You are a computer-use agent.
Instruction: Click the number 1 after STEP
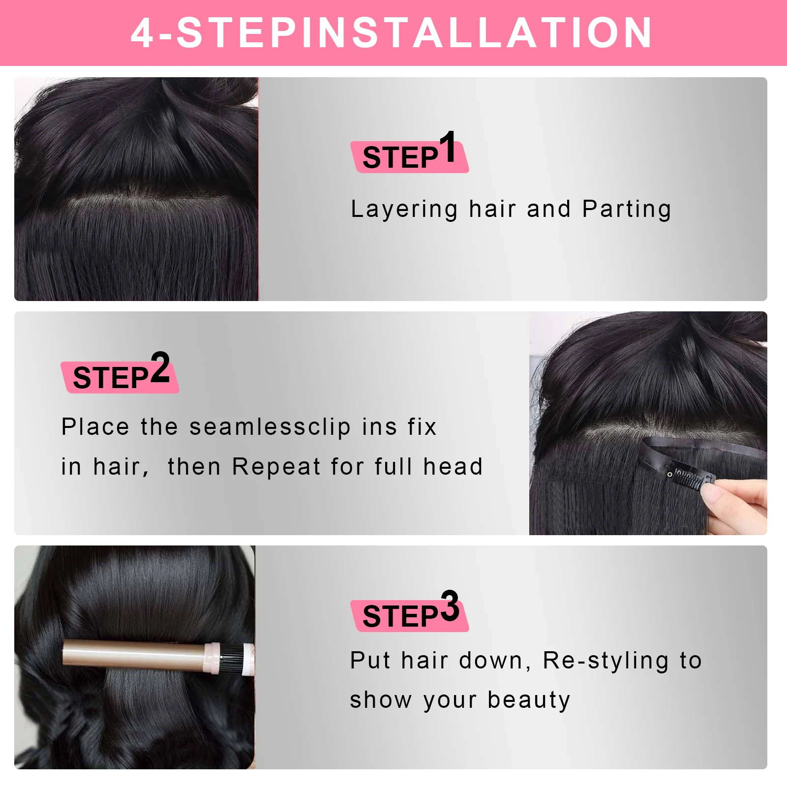click(448, 146)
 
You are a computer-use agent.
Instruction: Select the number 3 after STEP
click(450, 606)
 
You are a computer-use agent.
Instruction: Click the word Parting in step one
click(627, 210)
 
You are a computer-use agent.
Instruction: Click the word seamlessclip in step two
click(270, 427)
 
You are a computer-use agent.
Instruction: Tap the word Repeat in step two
click(276, 467)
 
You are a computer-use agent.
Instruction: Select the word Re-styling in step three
click(605, 661)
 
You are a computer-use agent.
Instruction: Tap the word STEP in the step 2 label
click(110, 378)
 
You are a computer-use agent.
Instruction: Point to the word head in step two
click(453, 467)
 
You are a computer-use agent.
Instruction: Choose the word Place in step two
click(95, 427)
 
